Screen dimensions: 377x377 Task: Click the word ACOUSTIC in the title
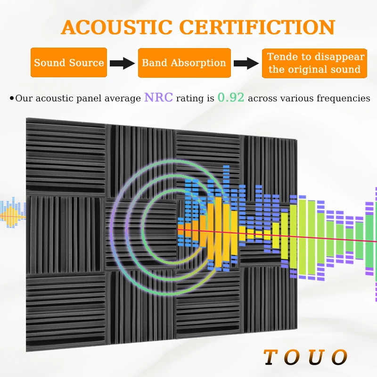point(117,27)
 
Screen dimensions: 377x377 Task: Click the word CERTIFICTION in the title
point(257,27)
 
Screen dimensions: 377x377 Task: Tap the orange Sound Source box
point(69,63)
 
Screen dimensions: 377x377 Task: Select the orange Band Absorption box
point(184,63)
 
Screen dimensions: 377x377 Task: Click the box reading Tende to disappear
point(314,63)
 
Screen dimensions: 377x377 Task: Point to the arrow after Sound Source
point(123,63)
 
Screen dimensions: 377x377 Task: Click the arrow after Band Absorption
point(246,63)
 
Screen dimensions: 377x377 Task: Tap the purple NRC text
point(158,98)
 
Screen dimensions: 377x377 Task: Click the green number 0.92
point(231,98)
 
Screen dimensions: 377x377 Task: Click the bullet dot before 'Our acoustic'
point(11,98)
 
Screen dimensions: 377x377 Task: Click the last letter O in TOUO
point(339,357)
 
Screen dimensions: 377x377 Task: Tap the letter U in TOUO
point(316,357)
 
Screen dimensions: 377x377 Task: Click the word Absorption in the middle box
point(198,63)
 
